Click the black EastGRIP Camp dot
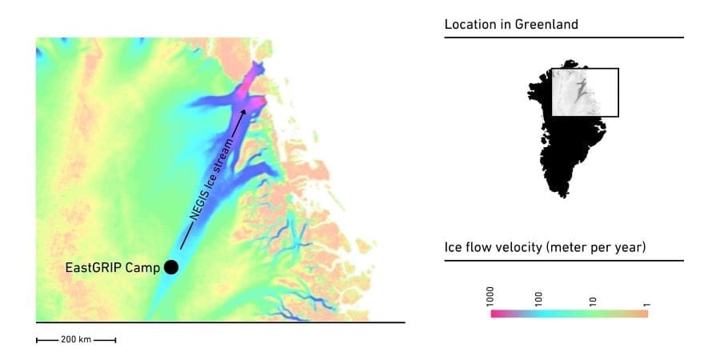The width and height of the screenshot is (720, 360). coord(170,267)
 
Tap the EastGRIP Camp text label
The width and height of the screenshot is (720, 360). coord(112,267)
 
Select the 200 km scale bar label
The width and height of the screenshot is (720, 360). coord(76,340)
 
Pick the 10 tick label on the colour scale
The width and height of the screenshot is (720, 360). coord(593,302)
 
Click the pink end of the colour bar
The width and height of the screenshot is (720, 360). coord(494,314)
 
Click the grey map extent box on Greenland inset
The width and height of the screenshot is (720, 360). coord(586,92)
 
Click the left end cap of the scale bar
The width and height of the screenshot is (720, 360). coord(37,340)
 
